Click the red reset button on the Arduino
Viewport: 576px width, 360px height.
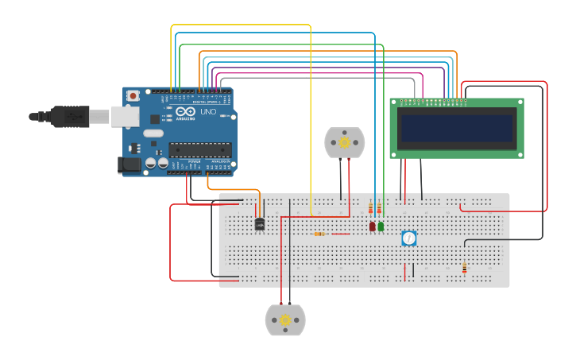point(133,96)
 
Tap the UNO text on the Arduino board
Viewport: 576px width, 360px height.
point(207,112)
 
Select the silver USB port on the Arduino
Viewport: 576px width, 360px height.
point(124,117)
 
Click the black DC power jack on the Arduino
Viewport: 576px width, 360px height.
point(128,165)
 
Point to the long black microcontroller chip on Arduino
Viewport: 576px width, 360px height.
point(199,149)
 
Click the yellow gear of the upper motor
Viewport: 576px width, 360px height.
point(344,142)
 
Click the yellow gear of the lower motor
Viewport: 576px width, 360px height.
point(285,319)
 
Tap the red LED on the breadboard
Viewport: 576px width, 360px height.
point(372,226)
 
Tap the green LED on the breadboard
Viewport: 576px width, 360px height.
point(381,226)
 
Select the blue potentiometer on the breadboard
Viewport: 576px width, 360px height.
point(408,238)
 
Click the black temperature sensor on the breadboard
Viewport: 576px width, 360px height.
point(260,224)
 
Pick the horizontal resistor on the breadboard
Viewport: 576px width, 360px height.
point(319,234)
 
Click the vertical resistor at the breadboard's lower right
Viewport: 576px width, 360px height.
point(465,268)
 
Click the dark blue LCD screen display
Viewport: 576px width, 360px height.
point(457,128)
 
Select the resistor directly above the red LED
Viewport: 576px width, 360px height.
point(370,209)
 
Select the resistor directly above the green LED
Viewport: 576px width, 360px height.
point(379,209)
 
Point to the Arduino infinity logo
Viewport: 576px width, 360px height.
point(185,112)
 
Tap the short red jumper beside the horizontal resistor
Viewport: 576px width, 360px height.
point(340,234)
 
